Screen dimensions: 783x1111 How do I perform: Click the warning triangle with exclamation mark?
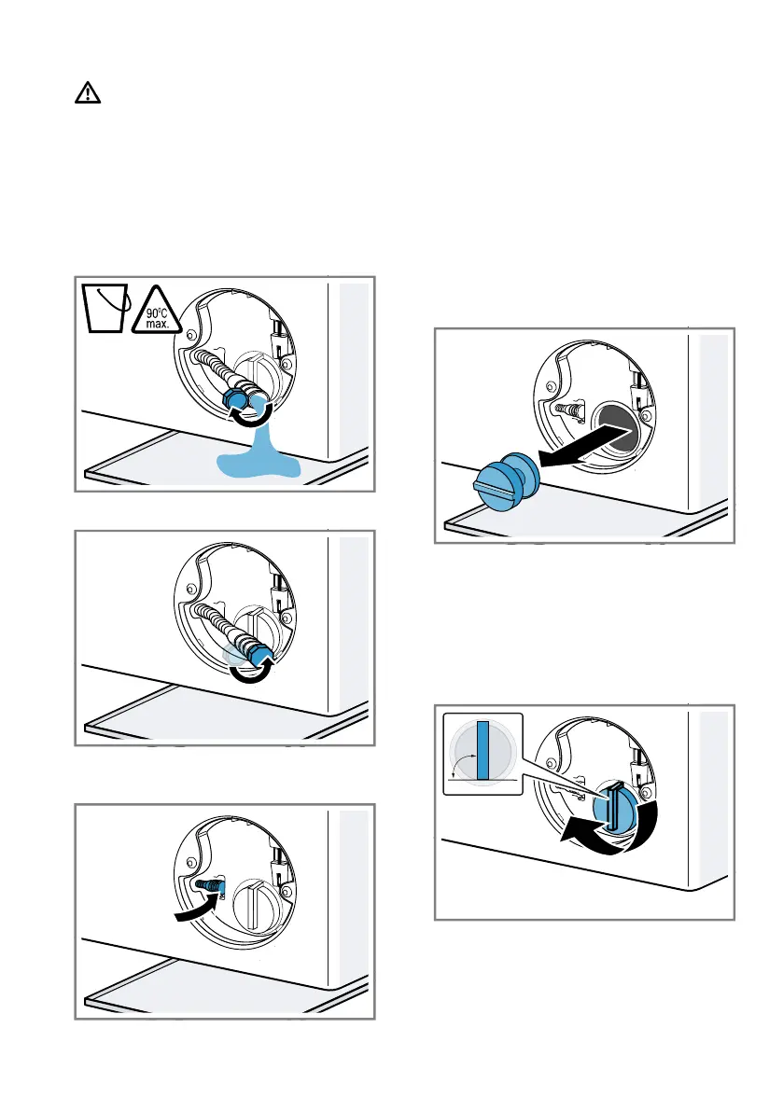pyautogui.click(x=88, y=93)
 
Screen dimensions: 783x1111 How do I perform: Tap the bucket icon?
pyautogui.click(x=105, y=308)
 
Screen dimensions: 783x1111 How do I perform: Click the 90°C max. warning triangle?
pyautogui.click(x=157, y=312)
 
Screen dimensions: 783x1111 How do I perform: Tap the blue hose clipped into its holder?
pyautogui.click(x=210, y=885)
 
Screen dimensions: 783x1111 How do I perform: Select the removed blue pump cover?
pyautogui.click(x=506, y=481)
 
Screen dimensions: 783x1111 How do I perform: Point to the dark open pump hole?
pyautogui.click(x=617, y=429)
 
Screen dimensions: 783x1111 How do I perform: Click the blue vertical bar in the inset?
pyautogui.click(x=483, y=751)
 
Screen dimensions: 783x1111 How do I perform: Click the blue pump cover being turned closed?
pyautogui.click(x=614, y=807)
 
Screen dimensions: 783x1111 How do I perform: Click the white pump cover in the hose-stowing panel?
pyautogui.click(x=252, y=905)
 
